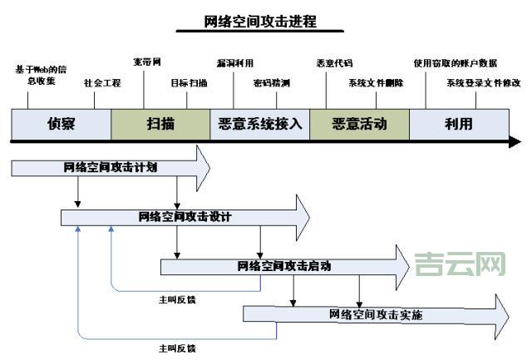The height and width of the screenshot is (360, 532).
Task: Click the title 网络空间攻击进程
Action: coord(260,22)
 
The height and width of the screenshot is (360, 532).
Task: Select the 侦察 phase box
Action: coord(61,124)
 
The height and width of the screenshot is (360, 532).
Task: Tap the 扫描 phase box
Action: coord(160,124)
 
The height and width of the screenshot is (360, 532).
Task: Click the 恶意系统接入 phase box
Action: coord(259,124)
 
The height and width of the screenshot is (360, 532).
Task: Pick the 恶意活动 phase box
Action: coord(359,124)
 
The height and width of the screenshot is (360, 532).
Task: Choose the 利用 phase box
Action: coord(458,124)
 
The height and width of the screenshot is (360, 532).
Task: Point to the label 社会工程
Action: coord(102,84)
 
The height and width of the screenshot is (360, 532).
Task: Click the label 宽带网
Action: coord(147,62)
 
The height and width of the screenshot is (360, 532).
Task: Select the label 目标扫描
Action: coord(189,84)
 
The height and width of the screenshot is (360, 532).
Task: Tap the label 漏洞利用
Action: coord(234,63)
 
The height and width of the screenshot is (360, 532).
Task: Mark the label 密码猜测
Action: coord(272,84)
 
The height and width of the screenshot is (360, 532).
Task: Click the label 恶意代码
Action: coord(334,63)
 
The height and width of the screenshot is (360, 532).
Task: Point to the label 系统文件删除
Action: coord(376,84)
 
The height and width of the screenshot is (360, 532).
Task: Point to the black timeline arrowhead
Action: coord(515,143)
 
